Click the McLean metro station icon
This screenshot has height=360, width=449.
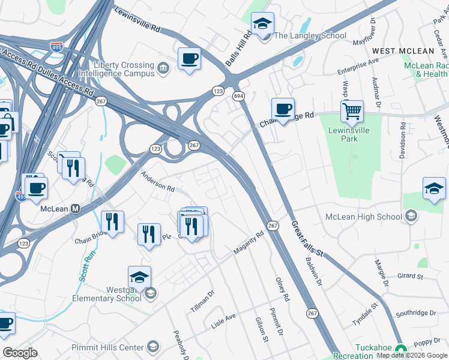(76, 209)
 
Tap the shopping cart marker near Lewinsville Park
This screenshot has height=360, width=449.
(352, 110)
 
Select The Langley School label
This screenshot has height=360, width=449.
(310, 35)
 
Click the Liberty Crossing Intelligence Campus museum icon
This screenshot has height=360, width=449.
(163, 66)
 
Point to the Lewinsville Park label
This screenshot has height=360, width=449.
(348, 134)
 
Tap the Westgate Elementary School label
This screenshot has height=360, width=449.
(107, 293)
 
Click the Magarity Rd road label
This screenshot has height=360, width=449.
(249, 242)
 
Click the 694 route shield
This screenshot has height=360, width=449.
(238, 96)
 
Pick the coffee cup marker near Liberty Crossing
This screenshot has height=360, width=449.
(189, 59)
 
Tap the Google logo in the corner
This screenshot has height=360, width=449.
(20, 353)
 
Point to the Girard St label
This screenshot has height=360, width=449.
(411, 277)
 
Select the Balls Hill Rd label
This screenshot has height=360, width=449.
(238, 51)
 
